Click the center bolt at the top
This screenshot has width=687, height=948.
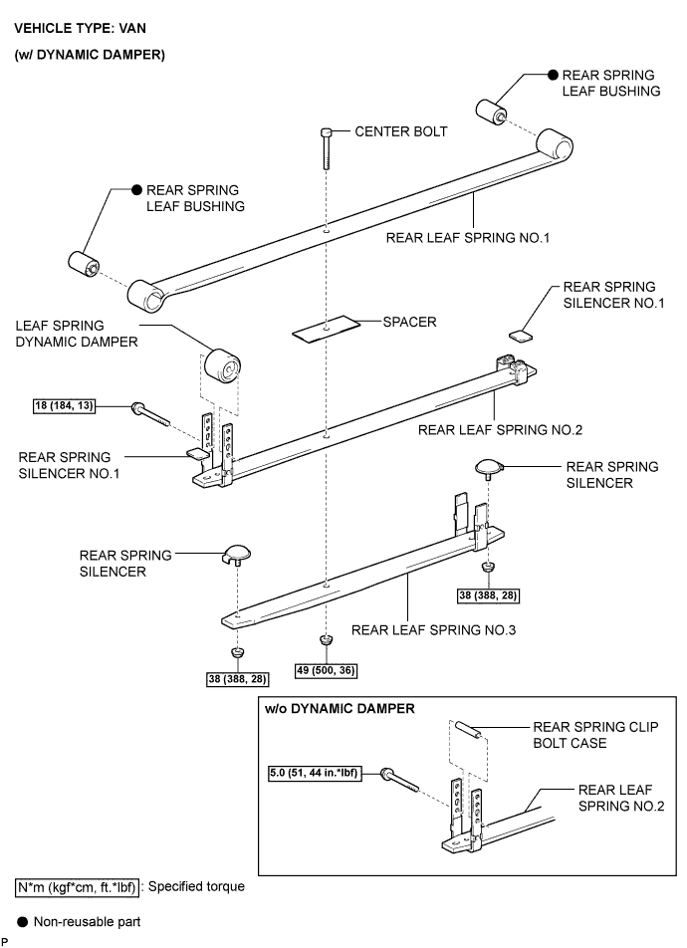tap(327, 147)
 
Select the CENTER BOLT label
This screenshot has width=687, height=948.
tap(401, 131)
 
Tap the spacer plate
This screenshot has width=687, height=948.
tap(326, 329)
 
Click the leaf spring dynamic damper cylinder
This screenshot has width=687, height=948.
tap(223, 365)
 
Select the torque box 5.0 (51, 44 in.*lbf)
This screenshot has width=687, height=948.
tap(315, 773)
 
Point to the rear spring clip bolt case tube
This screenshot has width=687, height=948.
tap(468, 729)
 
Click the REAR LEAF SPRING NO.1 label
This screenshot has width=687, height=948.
tap(468, 238)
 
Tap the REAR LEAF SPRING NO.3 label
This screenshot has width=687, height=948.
tap(433, 630)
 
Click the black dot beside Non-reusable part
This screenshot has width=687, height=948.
tap(22, 922)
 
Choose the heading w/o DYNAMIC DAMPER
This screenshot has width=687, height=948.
tap(340, 709)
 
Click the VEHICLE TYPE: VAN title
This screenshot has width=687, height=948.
tap(80, 29)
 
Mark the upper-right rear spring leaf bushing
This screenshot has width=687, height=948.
tap(491, 112)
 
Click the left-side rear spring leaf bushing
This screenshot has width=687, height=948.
tap(84, 264)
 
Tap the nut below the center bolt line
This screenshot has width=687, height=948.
tap(326, 640)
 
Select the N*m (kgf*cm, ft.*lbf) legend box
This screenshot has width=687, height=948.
tap(77, 887)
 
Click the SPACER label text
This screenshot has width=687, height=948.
tap(409, 322)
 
